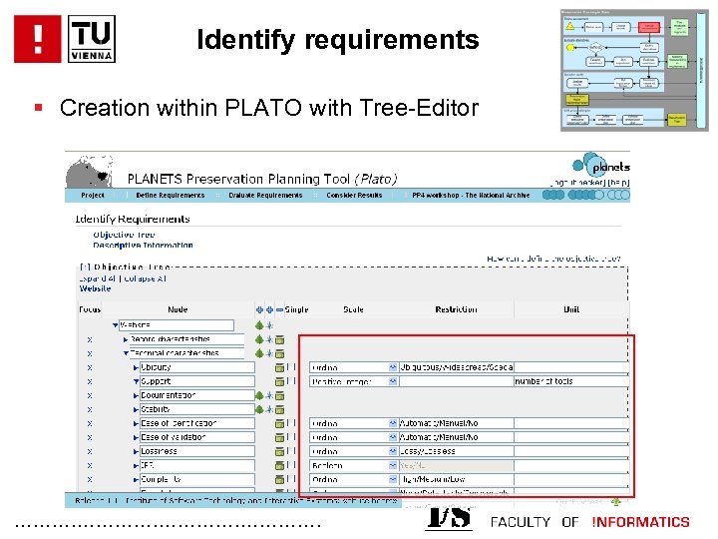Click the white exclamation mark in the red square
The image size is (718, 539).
coord(38,39)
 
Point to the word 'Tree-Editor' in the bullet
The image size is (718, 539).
coord(423,108)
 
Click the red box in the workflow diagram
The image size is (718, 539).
coord(648,27)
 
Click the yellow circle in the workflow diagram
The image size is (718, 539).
coord(570,47)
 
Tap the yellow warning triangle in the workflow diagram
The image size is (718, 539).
coord(571,27)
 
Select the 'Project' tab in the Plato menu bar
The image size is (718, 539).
coord(92,196)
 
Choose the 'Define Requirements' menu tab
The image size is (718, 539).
coord(163,196)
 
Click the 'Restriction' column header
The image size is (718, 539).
coord(456,309)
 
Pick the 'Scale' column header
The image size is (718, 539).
coord(353,309)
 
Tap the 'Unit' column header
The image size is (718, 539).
coord(571,309)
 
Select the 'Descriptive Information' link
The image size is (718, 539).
coord(143,245)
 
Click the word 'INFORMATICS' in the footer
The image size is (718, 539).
coord(640,522)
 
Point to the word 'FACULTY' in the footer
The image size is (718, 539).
coord(521,522)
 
